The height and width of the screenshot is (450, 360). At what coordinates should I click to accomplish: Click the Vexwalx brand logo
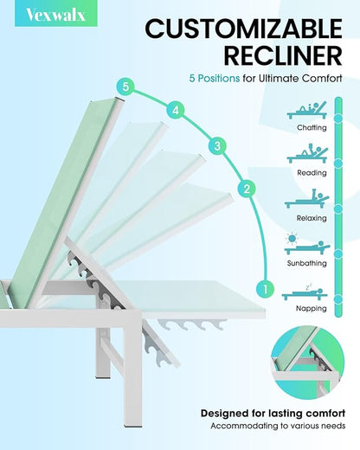(56, 15)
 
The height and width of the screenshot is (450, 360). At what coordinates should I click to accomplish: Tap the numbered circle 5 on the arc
(125, 87)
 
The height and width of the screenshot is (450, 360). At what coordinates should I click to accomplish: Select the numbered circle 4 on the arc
(176, 111)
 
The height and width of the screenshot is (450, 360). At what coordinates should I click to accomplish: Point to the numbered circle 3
(217, 146)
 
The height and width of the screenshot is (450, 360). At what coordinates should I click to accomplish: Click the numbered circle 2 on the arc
(247, 189)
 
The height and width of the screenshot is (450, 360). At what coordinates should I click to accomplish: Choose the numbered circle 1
(265, 288)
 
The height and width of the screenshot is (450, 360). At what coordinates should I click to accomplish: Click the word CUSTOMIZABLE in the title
(244, 29)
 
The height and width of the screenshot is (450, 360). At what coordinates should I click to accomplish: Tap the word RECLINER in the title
(283, 55)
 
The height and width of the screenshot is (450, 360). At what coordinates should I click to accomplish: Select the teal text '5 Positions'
(215, 79)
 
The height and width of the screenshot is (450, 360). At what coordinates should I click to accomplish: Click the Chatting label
(312, 127)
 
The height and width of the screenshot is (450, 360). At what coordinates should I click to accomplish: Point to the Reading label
(312, 173)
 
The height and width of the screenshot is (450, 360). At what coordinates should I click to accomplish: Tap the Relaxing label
(312, 218)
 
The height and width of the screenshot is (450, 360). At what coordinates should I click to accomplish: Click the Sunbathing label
(307, 263)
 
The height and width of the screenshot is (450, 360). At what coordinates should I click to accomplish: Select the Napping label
(312, 308)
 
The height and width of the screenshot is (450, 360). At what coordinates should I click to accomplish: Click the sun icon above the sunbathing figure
(292, 238)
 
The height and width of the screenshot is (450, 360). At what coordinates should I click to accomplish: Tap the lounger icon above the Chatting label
(307, 110)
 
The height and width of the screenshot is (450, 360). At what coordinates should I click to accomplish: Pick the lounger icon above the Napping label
(305, 292)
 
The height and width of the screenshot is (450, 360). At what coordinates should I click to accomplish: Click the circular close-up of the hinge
(308, 362)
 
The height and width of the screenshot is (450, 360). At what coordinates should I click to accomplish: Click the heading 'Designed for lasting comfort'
(273, 414)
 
